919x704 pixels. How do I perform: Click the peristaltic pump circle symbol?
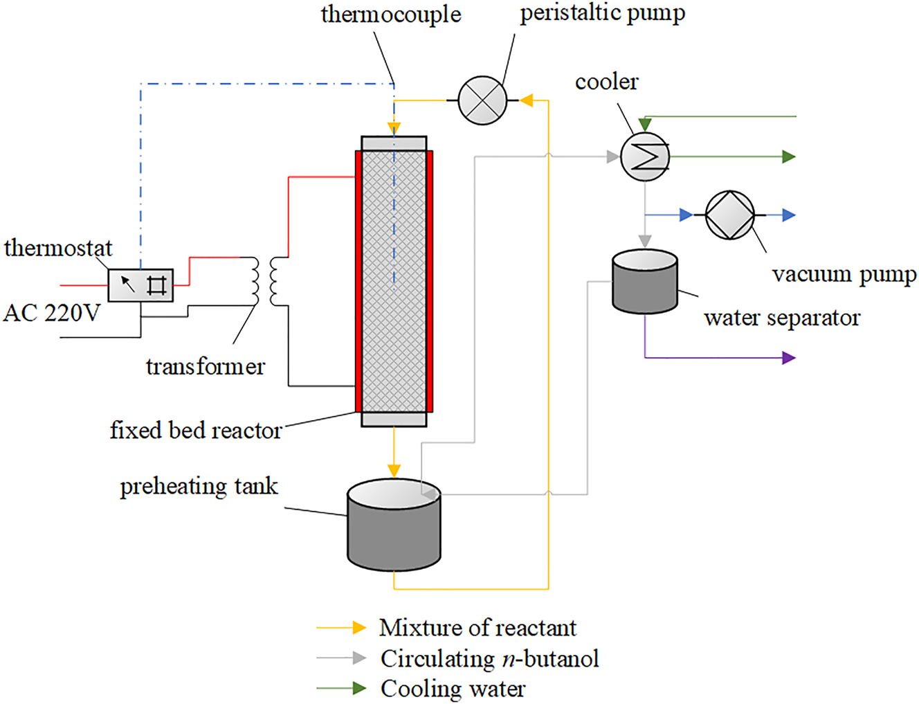[x=482, y=100]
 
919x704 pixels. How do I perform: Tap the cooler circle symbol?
[x=645, y=156]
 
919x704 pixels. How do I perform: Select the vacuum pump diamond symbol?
[x=730, y=215]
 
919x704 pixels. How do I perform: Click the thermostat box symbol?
[x=140, y=285]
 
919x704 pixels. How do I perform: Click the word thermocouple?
[x=391, y=15]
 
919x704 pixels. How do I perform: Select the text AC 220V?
[x=52, y=313]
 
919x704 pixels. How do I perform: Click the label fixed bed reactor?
[x=196, y=431]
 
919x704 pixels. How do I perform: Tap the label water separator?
[x=782, y=318]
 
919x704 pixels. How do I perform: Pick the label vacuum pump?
[x=844, y=274]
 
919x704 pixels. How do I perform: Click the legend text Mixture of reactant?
[x=477, y=628]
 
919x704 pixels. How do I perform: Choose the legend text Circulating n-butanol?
[x=489, y=658]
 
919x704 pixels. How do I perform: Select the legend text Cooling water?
[x=453, y=689]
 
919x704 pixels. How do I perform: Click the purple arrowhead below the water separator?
[x=788, y=358]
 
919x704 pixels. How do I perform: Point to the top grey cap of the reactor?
[x=394, y=143]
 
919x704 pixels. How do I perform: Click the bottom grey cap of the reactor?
[x=394, y=419]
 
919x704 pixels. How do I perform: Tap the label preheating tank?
[x=199, y=486]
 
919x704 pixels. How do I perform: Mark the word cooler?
[x=606, y=82]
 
